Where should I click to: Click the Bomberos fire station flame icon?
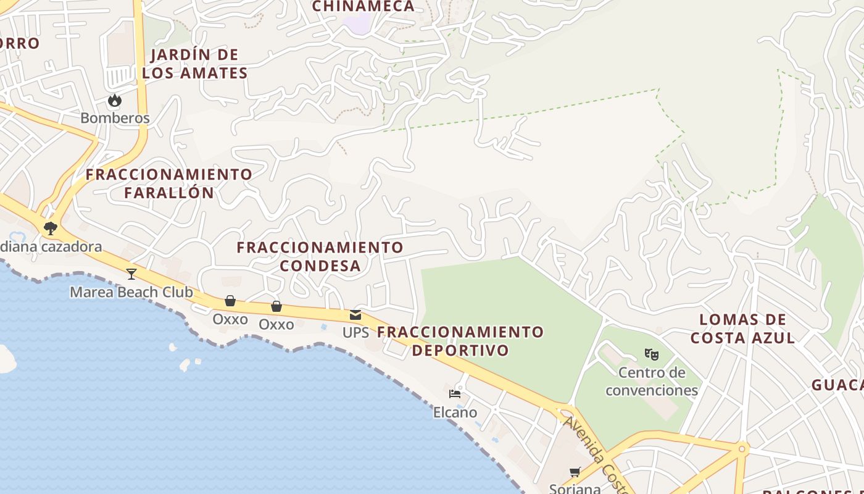point(115,100)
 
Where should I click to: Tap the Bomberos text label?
point(115,118)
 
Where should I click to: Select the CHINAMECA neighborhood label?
point(363,7)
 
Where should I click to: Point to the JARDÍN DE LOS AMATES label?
point(194,64)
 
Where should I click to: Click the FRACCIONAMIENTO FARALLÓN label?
point(169,183)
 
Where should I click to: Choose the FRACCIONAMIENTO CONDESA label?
point(320,256)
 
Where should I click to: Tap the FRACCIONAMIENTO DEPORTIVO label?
point(460,341)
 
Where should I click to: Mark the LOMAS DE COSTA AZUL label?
point(742,329)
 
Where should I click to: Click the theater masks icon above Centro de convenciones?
point(651,354)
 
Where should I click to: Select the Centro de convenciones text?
point(652,382)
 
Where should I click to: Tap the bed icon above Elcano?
point(455,394)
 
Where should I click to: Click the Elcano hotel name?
point(455,412)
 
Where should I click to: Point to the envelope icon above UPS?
point(355,315)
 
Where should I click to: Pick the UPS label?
point(355,333)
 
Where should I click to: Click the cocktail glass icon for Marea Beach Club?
point(131,274)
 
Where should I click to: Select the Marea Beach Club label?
point(131,292)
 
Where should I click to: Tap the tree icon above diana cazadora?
point(51,228)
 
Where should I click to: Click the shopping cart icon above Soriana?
point(575,472)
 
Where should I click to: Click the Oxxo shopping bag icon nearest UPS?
point(276,306)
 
